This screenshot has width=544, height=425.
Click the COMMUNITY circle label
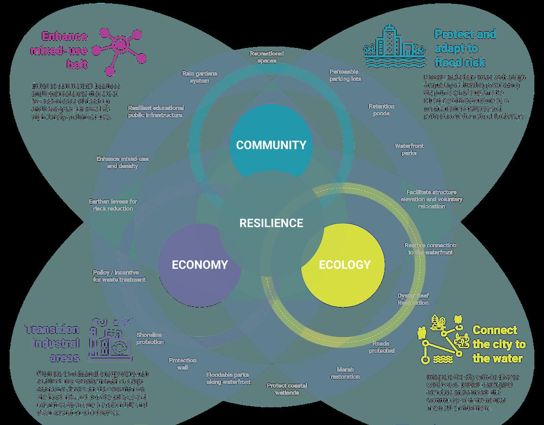271,145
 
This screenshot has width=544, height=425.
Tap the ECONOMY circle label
200,264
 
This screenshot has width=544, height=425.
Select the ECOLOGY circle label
345,264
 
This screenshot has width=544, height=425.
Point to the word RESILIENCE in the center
271,223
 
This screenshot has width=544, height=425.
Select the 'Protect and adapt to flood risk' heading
465,48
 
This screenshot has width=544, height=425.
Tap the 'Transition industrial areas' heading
52,343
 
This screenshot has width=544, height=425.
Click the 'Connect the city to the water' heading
498,344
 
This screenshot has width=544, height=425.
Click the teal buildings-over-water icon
394,47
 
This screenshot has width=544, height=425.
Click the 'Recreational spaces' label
266,57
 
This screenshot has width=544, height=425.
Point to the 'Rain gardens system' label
199,77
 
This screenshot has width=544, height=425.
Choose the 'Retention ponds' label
381,110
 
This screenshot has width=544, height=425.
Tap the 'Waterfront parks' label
409,149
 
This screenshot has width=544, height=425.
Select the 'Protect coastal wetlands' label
287,389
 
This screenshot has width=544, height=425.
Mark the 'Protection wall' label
182,364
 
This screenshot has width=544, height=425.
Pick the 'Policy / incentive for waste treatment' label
119,276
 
